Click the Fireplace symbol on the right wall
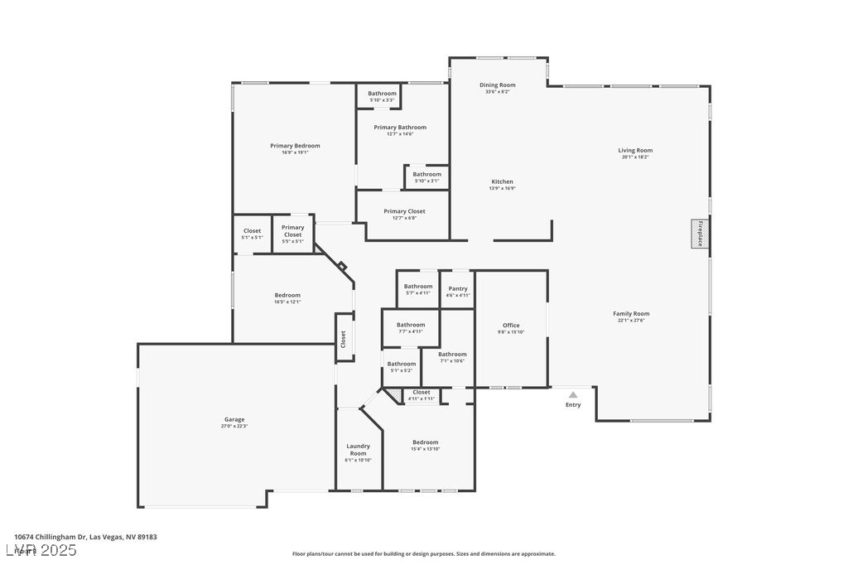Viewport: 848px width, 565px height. click(700, 234)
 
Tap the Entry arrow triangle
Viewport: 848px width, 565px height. click(573, 394)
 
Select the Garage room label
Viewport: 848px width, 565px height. click(234, 419)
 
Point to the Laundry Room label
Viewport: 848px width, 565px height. click(358, 450)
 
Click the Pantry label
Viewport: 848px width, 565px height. click(458, 288)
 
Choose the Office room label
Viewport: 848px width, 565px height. click(511, 325)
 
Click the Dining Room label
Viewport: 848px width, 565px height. click(497, 85)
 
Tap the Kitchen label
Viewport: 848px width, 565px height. click(502, 181)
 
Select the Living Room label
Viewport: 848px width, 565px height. click(635, 151)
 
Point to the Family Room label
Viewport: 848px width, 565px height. click(631, 313)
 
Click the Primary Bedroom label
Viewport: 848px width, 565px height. click(295, 146)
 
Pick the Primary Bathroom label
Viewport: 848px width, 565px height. click(400, 128)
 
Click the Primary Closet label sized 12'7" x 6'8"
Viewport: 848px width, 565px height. click(404, 211)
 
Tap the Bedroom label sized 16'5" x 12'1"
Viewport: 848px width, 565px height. click(287, 295)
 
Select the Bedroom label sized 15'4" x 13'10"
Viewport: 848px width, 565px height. click(426, 442)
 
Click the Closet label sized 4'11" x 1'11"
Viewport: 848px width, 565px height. click(421, 392)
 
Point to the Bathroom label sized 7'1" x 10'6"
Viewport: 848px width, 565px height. click(452, 355)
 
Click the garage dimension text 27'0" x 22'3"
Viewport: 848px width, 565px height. click(234, 427)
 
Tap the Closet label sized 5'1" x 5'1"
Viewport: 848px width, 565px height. click(252, 231)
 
